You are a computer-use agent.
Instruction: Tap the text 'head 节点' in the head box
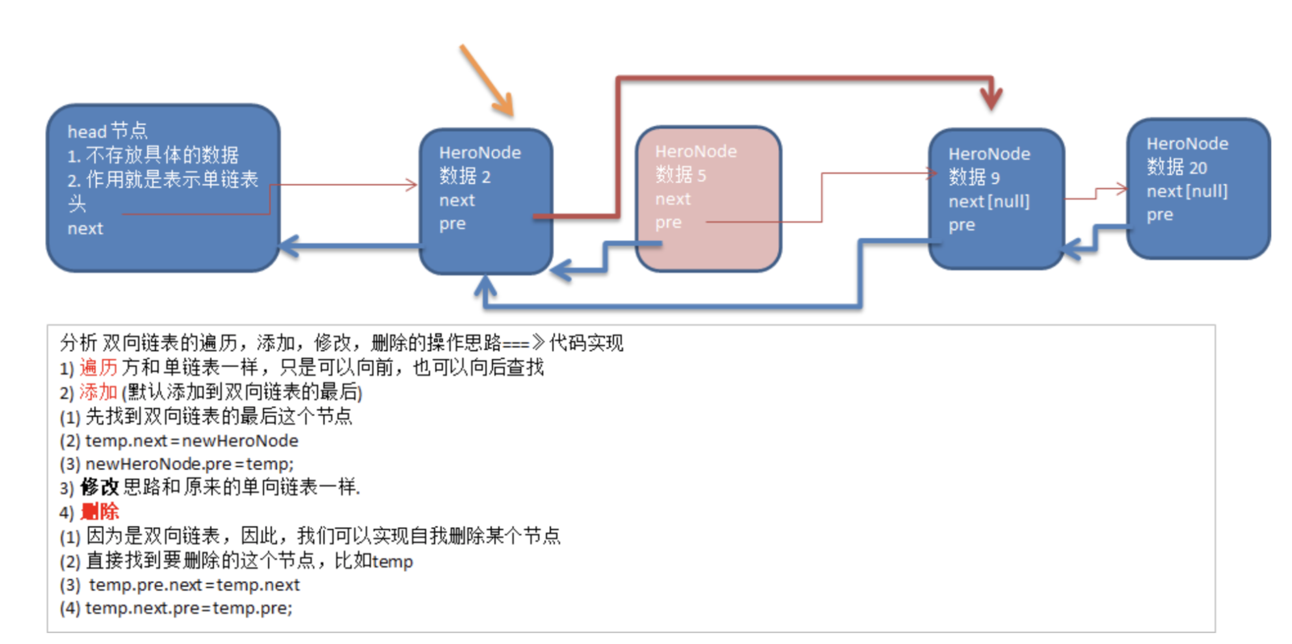(x=107, y=131)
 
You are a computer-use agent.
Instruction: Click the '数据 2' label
(x=464, y=176)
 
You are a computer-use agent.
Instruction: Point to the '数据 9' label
(x=974, y=178)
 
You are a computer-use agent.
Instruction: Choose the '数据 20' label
(x=1176, y=167)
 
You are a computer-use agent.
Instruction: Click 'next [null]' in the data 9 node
(x=989, y=202)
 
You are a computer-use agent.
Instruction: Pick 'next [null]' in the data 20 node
(x=1187, y=191)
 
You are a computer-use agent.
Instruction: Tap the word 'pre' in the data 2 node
(x=452, y=224)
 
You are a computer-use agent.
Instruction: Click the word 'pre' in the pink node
(x=668, y=222)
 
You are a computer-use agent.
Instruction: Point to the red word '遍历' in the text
(x=98, y=368)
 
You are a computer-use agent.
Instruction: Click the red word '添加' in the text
(x=98, y=392)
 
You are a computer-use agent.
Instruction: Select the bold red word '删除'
(x=100, y=512)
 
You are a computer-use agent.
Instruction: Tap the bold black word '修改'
(x=100, y=487)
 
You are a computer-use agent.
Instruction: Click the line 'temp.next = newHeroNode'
(x=191, y=441)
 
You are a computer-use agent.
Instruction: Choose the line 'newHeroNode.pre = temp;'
(x=189, y=464)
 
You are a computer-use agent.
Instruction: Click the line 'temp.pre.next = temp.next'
(x=194, y=585)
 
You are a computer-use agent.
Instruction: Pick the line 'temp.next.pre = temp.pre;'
(x=189, y=608)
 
